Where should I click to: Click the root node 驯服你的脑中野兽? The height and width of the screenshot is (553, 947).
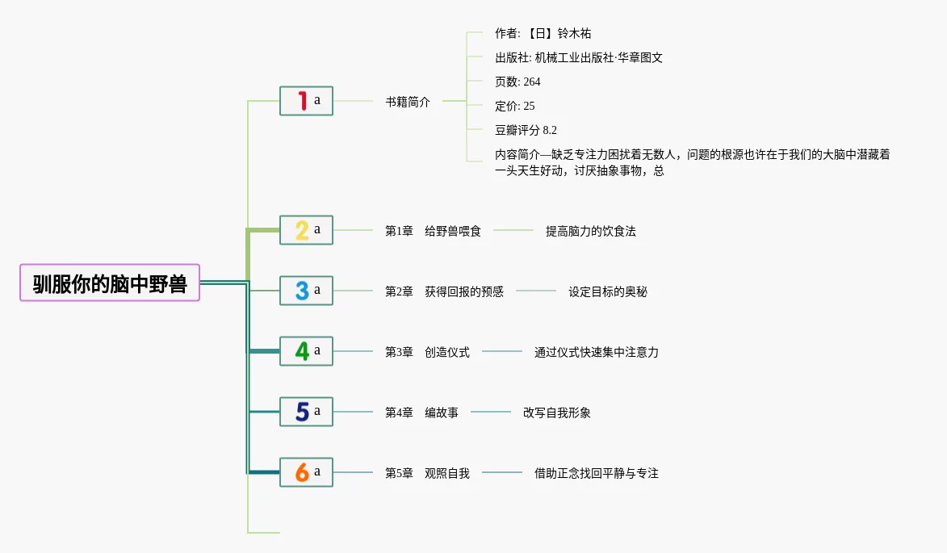click(110, 283)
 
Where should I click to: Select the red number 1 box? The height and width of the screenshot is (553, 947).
click(306, 101)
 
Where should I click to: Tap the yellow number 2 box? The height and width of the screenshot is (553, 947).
click(306, 230)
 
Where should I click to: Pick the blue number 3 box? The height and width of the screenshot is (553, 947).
click(306, 291)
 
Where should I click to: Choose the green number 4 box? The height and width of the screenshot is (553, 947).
click(306, 351)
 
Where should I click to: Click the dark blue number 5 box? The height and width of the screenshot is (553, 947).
click(306, 412)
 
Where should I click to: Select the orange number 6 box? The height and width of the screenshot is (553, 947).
click(306, 472)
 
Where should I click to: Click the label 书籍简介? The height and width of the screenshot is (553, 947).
click(408, 102)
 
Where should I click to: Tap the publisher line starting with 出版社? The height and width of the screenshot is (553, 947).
click(579, 57)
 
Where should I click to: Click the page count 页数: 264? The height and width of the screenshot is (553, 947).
click(517, 82)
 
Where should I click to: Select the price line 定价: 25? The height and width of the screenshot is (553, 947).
click(514, 106)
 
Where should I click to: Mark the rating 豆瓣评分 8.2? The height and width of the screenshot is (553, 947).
click(526, 130)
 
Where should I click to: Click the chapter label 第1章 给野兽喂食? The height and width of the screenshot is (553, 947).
click(433, 231)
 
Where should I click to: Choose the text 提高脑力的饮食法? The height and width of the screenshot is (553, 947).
click(591, 231)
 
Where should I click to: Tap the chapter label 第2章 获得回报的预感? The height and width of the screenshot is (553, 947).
click(444, 291)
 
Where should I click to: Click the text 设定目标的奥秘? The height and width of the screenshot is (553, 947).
click(608, 291)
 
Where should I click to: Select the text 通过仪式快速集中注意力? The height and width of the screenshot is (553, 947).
click(597, 352)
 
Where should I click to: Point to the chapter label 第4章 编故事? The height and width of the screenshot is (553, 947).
click(421, 413)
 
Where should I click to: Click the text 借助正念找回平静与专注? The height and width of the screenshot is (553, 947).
click(597, 473)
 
